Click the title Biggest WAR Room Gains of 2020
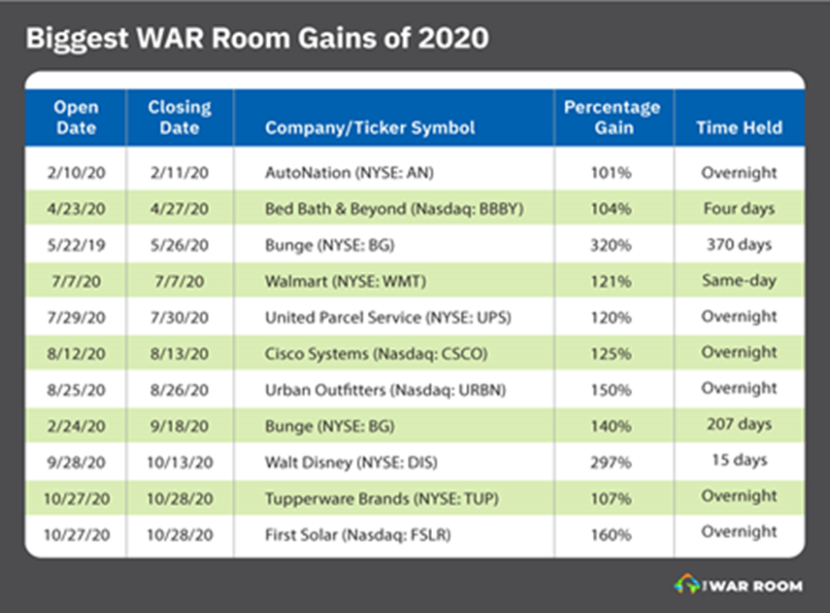(x=256, y=40)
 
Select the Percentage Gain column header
(x=612, y=118)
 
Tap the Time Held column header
(x=739, y=128)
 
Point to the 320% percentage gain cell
(x=613, y=245)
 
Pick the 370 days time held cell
(x=739, y=244)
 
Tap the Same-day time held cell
(x=739, y=280)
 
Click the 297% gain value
(x=613, y=460)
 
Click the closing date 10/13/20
(x=180, y=460)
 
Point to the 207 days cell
(x=739, y=424)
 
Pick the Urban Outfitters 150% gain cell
(x=613, y=389)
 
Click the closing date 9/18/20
(x=180, y=425)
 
